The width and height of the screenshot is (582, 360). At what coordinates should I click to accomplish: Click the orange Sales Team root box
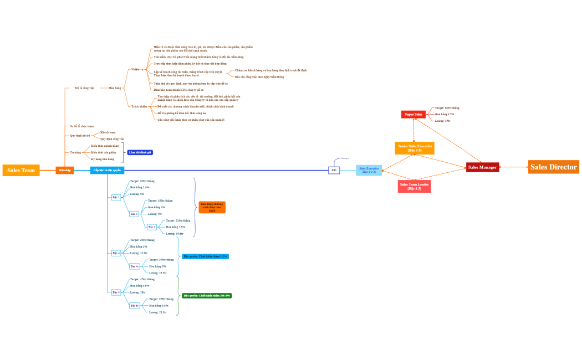click(x=21, y=171)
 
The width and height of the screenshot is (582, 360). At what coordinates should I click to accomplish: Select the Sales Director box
click(x=553, y=167)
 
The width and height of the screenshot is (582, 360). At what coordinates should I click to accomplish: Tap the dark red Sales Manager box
click(x=482, y=167)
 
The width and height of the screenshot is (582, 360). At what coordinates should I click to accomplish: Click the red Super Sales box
click(x=413, y=115)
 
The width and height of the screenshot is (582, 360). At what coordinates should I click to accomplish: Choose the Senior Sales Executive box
click(x=415, y=148)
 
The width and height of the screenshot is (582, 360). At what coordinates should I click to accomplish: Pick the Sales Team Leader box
click(x=414, y=187)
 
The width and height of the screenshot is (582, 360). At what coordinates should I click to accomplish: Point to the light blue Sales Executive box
click(x=369, y=171)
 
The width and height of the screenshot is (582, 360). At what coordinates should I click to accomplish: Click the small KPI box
click(x=334, y=171)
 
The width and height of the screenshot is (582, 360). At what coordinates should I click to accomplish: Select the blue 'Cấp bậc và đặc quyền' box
click(x=107, y=170)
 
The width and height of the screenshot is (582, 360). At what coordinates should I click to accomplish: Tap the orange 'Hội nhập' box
click(x=65, y=170)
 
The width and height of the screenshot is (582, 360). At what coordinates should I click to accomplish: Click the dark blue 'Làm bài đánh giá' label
click(x=140, y=152)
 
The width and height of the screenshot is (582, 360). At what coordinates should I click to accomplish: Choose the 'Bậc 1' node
click(x=116, y=197)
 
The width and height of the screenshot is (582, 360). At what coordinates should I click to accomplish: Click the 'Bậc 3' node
click(x=152, y=227)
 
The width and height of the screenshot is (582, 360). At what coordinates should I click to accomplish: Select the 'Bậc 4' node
click(x=116, y=253)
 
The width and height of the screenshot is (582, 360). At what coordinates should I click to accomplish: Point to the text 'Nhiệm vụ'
click(x=137, y=70)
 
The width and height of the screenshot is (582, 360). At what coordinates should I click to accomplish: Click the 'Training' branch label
click(x=75, y=152)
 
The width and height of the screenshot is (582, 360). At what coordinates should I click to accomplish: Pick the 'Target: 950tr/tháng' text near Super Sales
click(x=447, y=108)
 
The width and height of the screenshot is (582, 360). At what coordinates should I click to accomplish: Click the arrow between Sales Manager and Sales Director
click(x=513, y=167)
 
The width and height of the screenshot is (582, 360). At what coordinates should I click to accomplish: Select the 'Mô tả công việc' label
click(x=84, y=88)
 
